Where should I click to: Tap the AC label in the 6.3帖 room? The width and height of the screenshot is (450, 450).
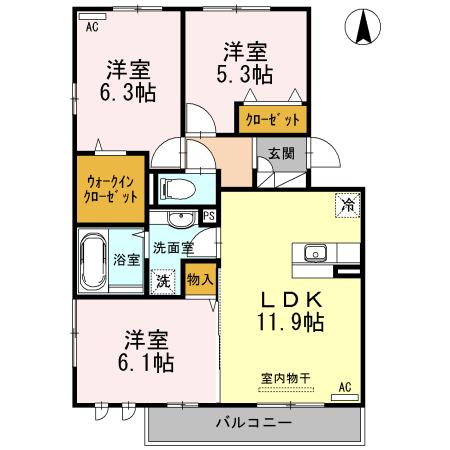(x=92, y=28)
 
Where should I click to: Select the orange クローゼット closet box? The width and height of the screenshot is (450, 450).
(x=271, y=120)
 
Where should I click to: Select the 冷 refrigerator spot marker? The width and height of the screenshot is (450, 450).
(x=346, y=204)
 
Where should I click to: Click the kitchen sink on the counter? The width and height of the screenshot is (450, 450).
(x=315, y=252)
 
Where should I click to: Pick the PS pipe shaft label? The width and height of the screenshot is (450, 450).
(x=209, y=215)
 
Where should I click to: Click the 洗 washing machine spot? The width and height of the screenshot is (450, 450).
(x=162, y=282)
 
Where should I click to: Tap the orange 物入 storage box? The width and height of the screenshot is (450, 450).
(x=201, y=279)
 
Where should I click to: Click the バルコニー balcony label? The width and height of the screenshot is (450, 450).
(x=254, y=422)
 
